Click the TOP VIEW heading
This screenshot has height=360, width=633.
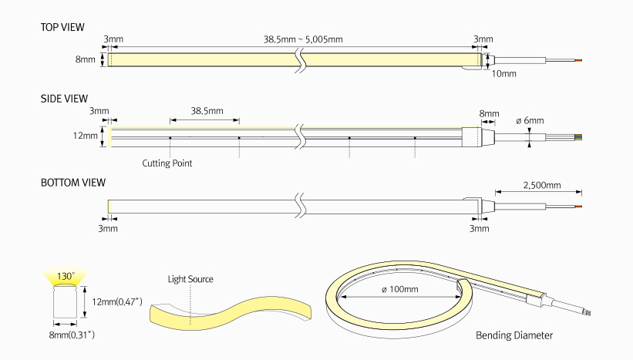pyautogui.click(x=62, y=27)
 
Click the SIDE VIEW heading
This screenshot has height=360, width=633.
pyautogui.click(x=64, y=99)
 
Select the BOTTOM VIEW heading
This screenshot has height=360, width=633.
pyautogui.click(x=72, y=183)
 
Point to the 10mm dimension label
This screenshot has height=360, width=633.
pyautogui.click(x=503, y=74)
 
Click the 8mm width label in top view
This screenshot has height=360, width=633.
pyautogui.click(x=85, y=59)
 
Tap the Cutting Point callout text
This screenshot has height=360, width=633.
pyautogui.click(x=167, y=163)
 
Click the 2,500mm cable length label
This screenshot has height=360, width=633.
pyautogui.click(x=541, y=186)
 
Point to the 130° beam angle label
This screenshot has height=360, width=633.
pyautogui.click(x=66, y=275)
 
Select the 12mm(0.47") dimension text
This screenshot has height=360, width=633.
pyautogui.click(x=117, y=301)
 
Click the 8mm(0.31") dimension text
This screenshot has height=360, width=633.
pyautogui.click(x=68, y=335)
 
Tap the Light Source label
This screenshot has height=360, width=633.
pyautogui.click(x=190, y=279)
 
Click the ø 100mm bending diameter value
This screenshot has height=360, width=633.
pyautogui.click(x=400, y=290)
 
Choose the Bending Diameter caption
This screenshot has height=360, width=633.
pyautogui.click(x=514, y=335)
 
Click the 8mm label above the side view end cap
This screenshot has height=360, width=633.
pyautogui.click(x=489, y=113)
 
